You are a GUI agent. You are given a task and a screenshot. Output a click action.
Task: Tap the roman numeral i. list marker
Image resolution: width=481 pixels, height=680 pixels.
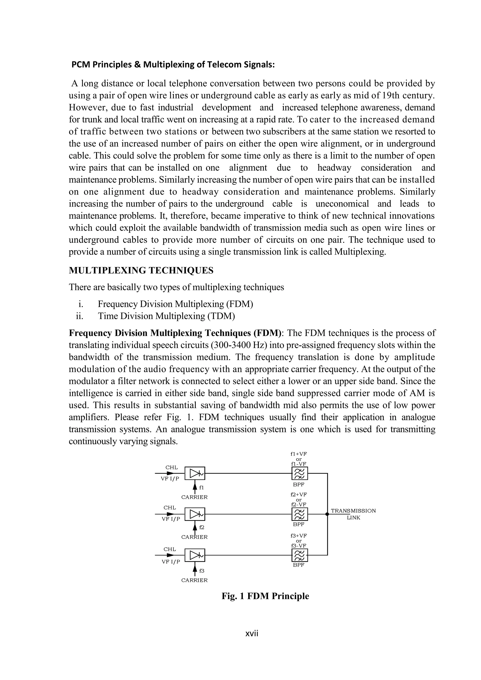80,304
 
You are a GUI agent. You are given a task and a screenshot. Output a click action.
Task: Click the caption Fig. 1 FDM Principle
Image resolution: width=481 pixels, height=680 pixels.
265,596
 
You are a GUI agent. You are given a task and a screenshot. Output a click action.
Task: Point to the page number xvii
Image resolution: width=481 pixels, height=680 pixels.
252,633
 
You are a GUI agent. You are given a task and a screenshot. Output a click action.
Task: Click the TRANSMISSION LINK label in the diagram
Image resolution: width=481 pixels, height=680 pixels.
353,514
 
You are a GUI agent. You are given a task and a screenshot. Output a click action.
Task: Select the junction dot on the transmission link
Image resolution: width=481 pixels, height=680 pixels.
327,514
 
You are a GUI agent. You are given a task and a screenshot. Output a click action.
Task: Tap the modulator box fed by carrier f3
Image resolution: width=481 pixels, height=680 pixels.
195,555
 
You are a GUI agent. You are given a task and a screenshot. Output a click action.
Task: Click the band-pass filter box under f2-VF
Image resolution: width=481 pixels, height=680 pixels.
299,514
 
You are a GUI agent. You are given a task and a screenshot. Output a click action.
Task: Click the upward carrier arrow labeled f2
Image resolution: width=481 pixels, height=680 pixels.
195,527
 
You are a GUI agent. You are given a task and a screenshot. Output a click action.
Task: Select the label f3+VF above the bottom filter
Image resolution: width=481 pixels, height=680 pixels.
299,535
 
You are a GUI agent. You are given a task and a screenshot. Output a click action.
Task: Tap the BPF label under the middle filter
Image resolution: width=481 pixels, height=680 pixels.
299,524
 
